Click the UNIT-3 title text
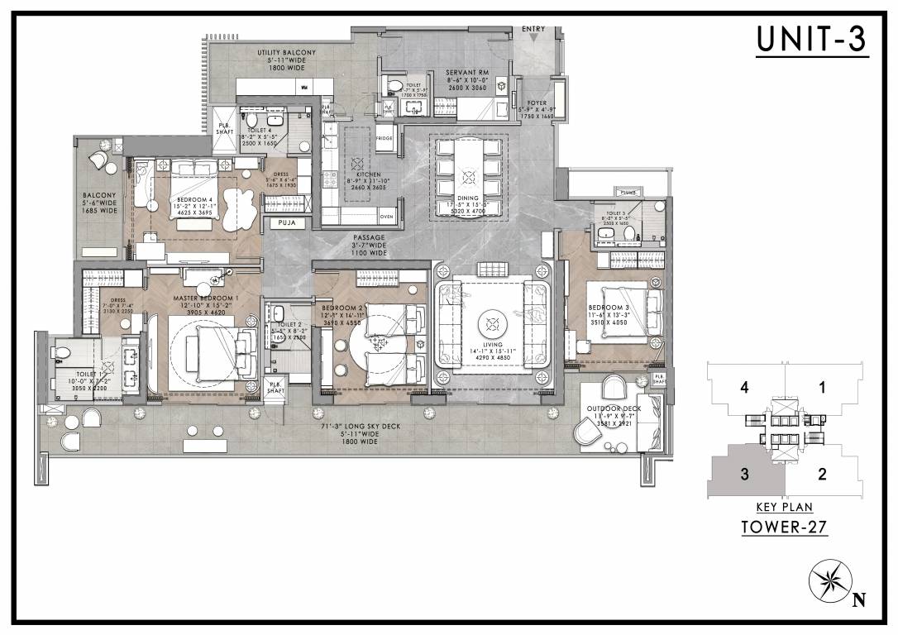812,41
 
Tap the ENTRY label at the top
533,30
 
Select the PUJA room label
287,223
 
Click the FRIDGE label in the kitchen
385,139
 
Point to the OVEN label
386,217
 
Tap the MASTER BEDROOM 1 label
205,298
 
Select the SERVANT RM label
467,73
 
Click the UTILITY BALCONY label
285,53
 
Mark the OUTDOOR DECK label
611,408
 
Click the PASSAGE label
367,238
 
